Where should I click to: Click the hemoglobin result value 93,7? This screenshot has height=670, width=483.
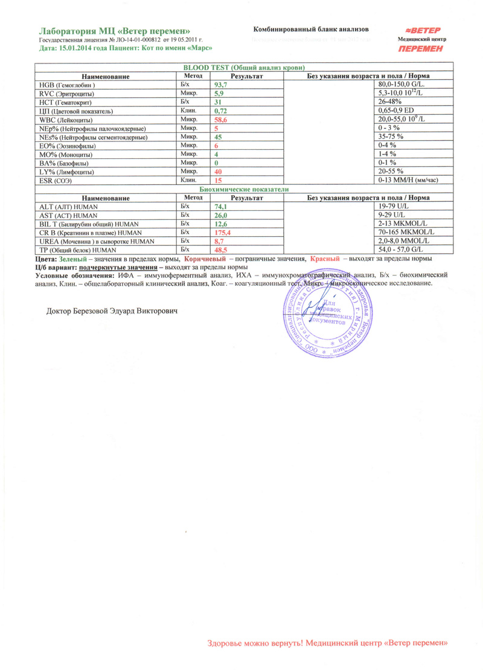(x=222, y=85)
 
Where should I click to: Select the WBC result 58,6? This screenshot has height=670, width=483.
(x=222, y=121)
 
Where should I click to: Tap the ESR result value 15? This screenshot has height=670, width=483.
(x=219, y=181)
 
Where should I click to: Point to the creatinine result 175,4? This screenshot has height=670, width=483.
(x=224, y=232)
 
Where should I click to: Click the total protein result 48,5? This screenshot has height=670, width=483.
(x=222, y=250)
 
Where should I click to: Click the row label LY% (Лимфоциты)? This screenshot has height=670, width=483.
(x=63, y=172)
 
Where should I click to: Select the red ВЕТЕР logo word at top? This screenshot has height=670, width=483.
(x=423, y=30)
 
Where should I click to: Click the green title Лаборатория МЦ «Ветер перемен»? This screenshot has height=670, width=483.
(x=115, y=30)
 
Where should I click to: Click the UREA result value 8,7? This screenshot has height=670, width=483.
(x=220, y=241)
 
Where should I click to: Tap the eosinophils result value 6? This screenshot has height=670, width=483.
(x=216, y=146)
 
